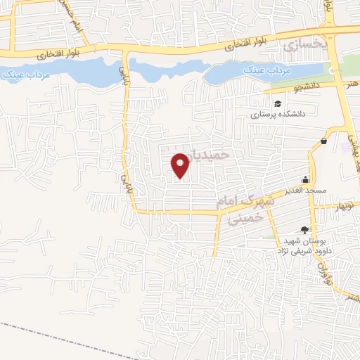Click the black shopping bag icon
pos(323,141)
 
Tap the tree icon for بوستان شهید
pos(304,229)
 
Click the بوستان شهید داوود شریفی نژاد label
pos(303,245)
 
